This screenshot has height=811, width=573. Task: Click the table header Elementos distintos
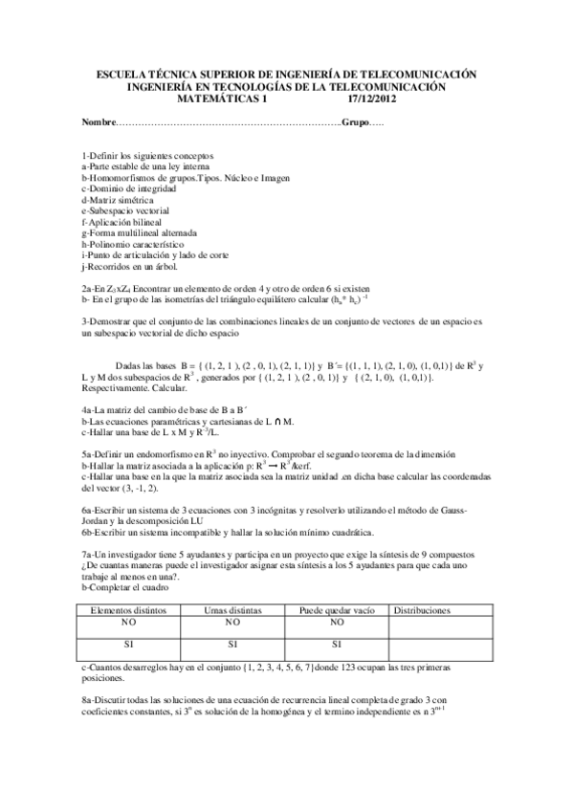[x=127, y=608]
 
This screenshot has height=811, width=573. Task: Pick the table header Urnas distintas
[x=233, y=608]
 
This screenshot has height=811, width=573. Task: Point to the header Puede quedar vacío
[x=337, y=608]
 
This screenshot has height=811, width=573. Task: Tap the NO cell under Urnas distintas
[x=233, y=621]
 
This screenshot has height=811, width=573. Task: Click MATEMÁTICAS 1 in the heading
[x=226, y=97]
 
